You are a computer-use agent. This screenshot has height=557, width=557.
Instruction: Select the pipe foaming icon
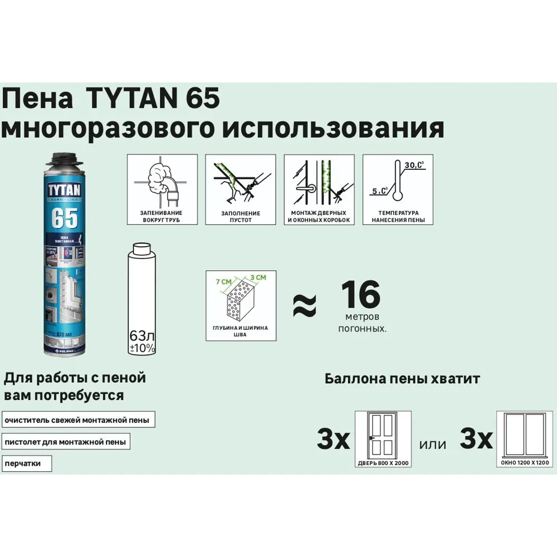[162, 182]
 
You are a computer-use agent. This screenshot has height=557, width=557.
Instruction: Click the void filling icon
[241, 182]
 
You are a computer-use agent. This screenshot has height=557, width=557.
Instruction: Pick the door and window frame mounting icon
[319, 182]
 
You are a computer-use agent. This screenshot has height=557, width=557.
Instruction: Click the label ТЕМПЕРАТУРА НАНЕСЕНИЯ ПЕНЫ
[398, 217]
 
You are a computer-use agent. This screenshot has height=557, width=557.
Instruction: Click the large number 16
[360, 295]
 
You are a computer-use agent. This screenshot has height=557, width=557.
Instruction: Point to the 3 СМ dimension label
[258, 277]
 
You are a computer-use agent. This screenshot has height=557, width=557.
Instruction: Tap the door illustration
[383, 435]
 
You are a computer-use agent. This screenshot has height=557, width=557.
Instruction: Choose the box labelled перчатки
[26, 463]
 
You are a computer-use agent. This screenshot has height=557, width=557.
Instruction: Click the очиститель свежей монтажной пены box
[78, 420]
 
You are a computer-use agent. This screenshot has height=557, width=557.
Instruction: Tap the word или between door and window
[433, 444]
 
